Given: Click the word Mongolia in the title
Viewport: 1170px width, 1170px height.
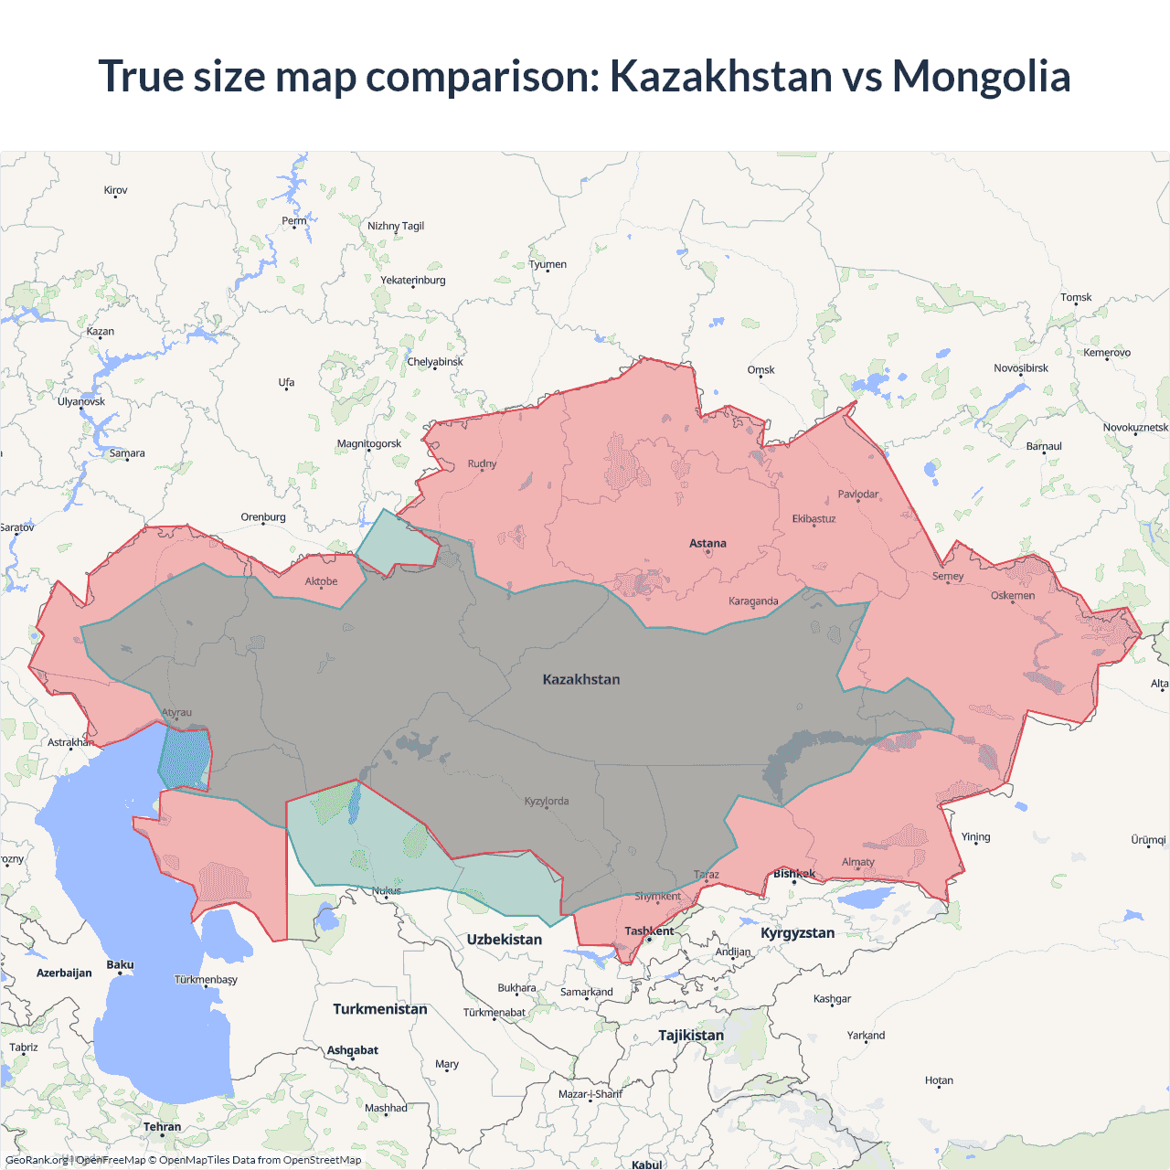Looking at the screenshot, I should [x=981, y=76].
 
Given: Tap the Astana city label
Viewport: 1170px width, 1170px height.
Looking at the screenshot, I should [x=707, y=543].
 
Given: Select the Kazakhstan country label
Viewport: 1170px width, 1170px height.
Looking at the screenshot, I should [x=581, y=679].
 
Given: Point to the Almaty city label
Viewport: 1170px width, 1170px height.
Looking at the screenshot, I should [x=857, y=862].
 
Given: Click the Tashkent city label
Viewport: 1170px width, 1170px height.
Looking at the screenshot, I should [x=649, y=931].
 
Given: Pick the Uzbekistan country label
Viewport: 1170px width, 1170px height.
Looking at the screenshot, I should [x=505, y=940].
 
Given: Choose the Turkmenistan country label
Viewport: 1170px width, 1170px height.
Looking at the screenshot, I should [x=380, y=1009].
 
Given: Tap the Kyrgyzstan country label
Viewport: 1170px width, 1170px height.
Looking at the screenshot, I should [x=797, y=933].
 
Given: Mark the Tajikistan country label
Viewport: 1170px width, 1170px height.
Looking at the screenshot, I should [x=691, y=1036].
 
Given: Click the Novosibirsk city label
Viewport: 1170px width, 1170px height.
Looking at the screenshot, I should [x=1021, y=368].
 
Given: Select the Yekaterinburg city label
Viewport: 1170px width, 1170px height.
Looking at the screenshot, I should [x=413, y=281].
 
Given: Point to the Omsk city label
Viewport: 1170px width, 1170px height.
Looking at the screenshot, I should [x=760, y=370].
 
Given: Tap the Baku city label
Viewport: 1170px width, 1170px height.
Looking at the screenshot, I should [x=120, y=965].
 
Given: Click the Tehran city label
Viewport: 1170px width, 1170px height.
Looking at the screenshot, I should [x=162, y=1127].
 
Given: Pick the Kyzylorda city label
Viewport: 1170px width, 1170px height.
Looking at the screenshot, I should [x=547, y=802].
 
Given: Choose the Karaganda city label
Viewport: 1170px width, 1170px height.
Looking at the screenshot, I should [x=753, y=601].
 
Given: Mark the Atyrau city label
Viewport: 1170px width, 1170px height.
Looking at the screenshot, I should [x=176, y=713].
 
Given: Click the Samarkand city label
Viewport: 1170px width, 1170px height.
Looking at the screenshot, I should [x=587, y=993].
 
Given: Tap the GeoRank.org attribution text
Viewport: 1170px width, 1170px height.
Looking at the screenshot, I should [x=37, y=1160].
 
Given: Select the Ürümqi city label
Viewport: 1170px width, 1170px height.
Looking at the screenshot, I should [x=1148, y=840].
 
